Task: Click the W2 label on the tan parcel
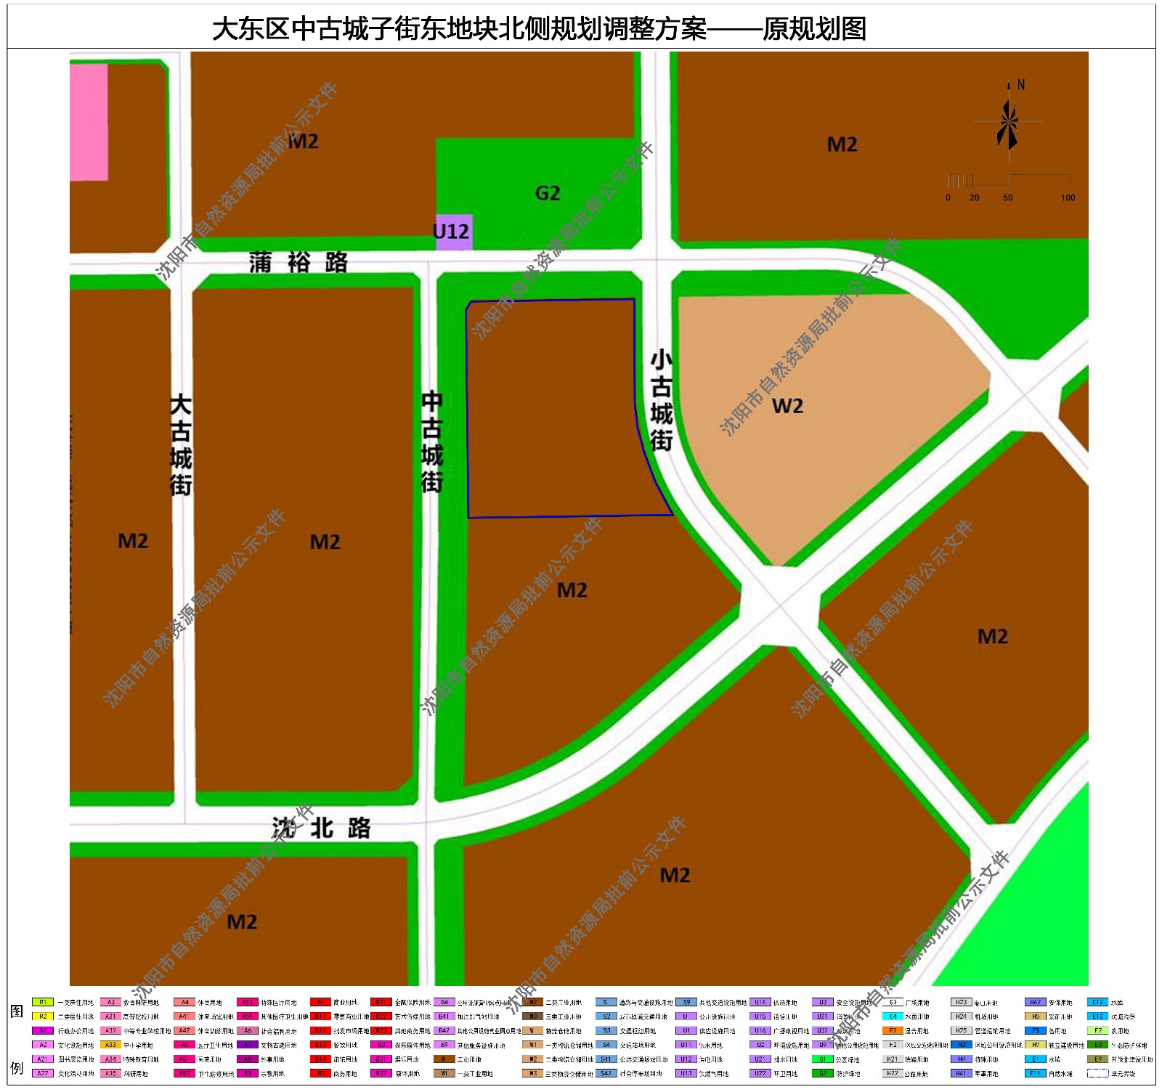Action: [787, 406]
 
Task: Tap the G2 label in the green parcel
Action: [548, 193]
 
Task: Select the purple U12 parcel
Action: [453, 232]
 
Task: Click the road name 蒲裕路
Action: [298, 262]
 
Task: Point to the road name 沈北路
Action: [321, 828]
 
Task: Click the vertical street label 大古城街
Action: [180, 445]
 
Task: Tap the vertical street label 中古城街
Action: [431, 442]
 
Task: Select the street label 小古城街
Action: [661, 400]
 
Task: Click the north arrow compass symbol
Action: [1008, 121]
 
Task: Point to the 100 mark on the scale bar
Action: [1068, 197]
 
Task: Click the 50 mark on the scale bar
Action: [1008, 197]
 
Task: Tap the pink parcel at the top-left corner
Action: [89, 121]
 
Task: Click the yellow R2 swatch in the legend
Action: [43, 1016]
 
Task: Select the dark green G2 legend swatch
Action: [822, 1073]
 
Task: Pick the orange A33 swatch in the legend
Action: [110, 1045]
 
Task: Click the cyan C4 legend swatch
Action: [893, 1016]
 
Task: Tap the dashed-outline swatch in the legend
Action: [1097, 1073]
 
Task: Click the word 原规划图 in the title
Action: [813, 30]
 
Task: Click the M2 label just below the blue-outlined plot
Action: [572, 590]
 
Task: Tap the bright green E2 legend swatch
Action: [1097, 1030]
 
